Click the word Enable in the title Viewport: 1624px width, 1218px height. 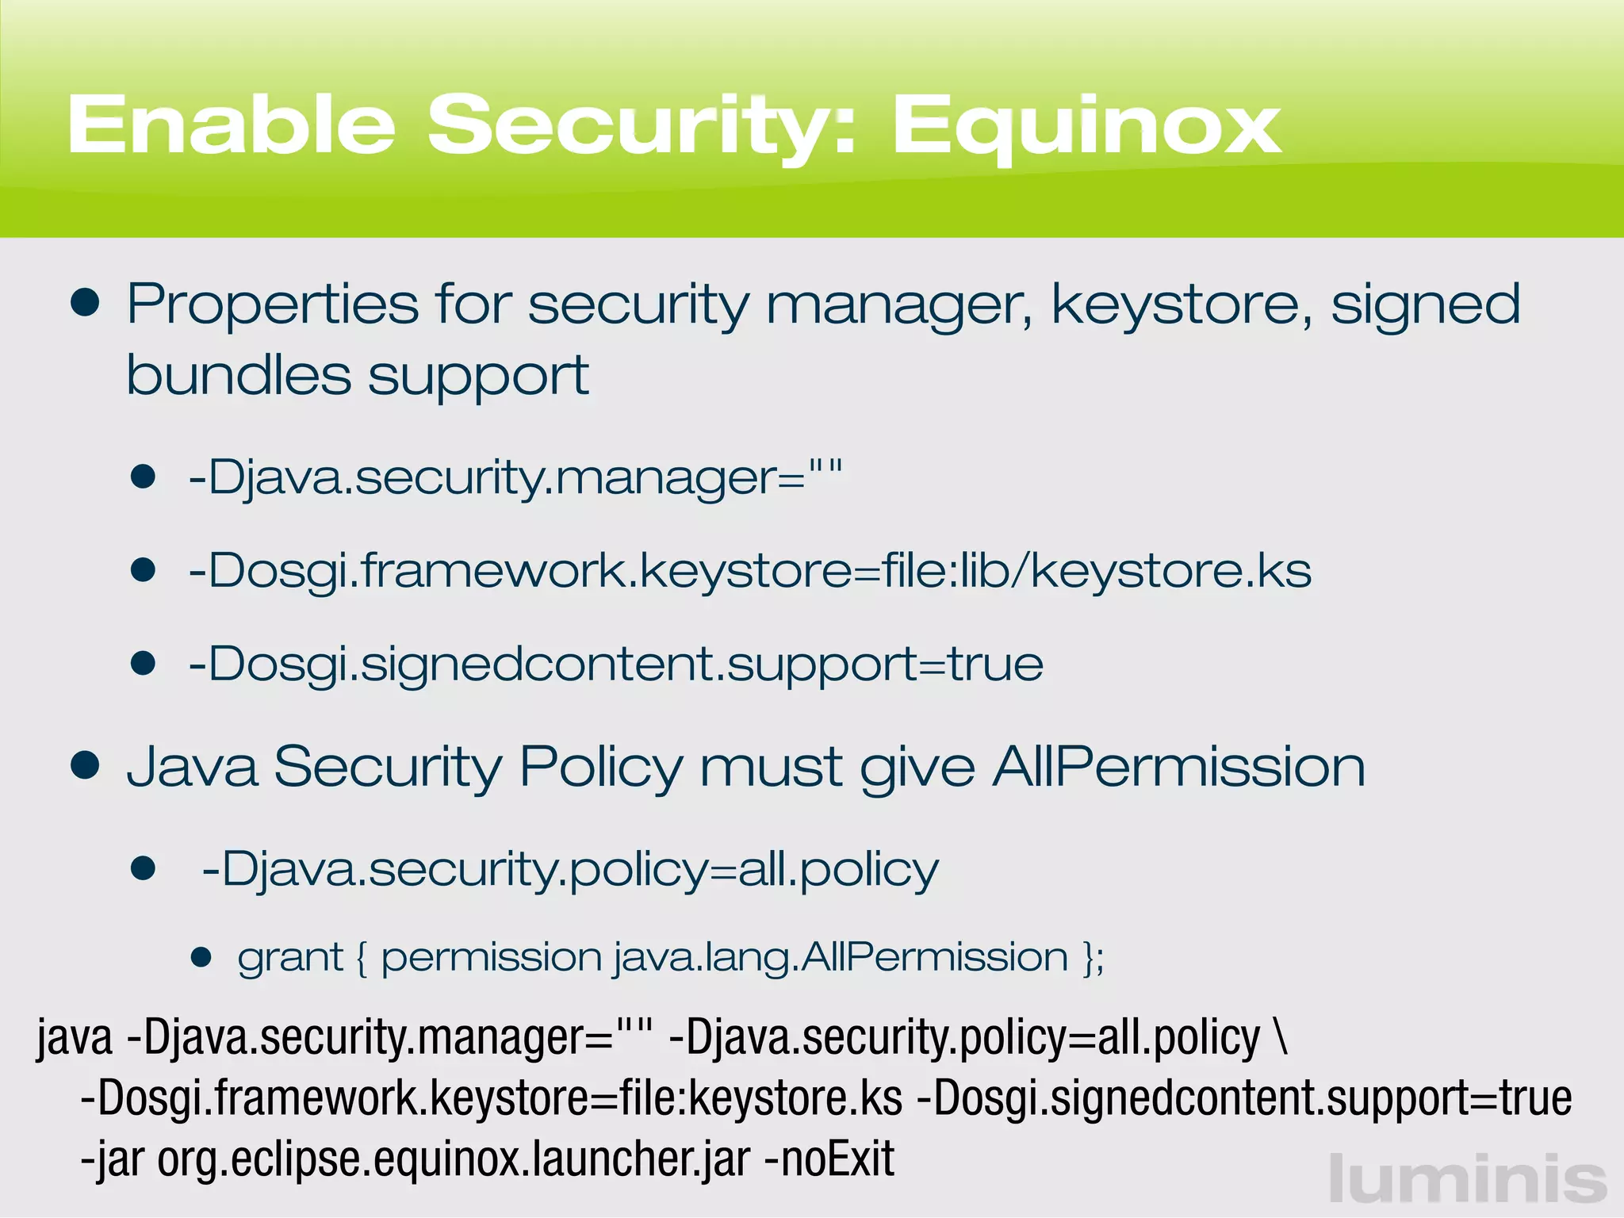pos(231,124)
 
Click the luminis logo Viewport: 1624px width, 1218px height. pos(1467,1179)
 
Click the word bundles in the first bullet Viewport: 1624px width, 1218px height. pos(238,375)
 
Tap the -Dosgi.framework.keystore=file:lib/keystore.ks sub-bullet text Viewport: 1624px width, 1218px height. pos(749,571)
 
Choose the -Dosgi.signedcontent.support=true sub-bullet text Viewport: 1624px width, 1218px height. pos(615,664)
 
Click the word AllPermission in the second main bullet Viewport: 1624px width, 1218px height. pos(1179,767)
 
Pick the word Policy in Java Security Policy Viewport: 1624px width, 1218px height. pos(600,768)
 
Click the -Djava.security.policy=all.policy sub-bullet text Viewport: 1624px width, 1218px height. pos(569,870)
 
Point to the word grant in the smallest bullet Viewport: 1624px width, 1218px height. pos(290,958)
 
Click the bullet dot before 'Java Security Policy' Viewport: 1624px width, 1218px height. pos(85,765)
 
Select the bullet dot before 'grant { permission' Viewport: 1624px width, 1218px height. pos(201,957)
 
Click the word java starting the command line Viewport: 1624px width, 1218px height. pos(75,1039)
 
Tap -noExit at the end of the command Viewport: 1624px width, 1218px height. pos(829,1159)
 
